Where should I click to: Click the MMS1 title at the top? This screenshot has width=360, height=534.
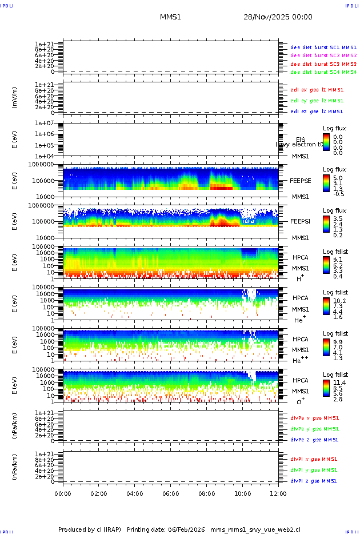[170, 17]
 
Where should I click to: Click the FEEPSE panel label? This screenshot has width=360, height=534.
[301, 180]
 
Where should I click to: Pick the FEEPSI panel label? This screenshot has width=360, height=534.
[301, 221]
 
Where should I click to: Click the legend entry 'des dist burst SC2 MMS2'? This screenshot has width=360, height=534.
[323, 55]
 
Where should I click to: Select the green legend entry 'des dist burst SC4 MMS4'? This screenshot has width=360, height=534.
[323, 72]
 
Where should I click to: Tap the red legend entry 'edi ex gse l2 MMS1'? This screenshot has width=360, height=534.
[317, 90]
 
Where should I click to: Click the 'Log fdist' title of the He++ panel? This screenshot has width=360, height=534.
[335, 333]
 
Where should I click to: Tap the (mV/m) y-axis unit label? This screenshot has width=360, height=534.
[15, 98]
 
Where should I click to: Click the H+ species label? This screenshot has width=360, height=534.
[299, 278]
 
